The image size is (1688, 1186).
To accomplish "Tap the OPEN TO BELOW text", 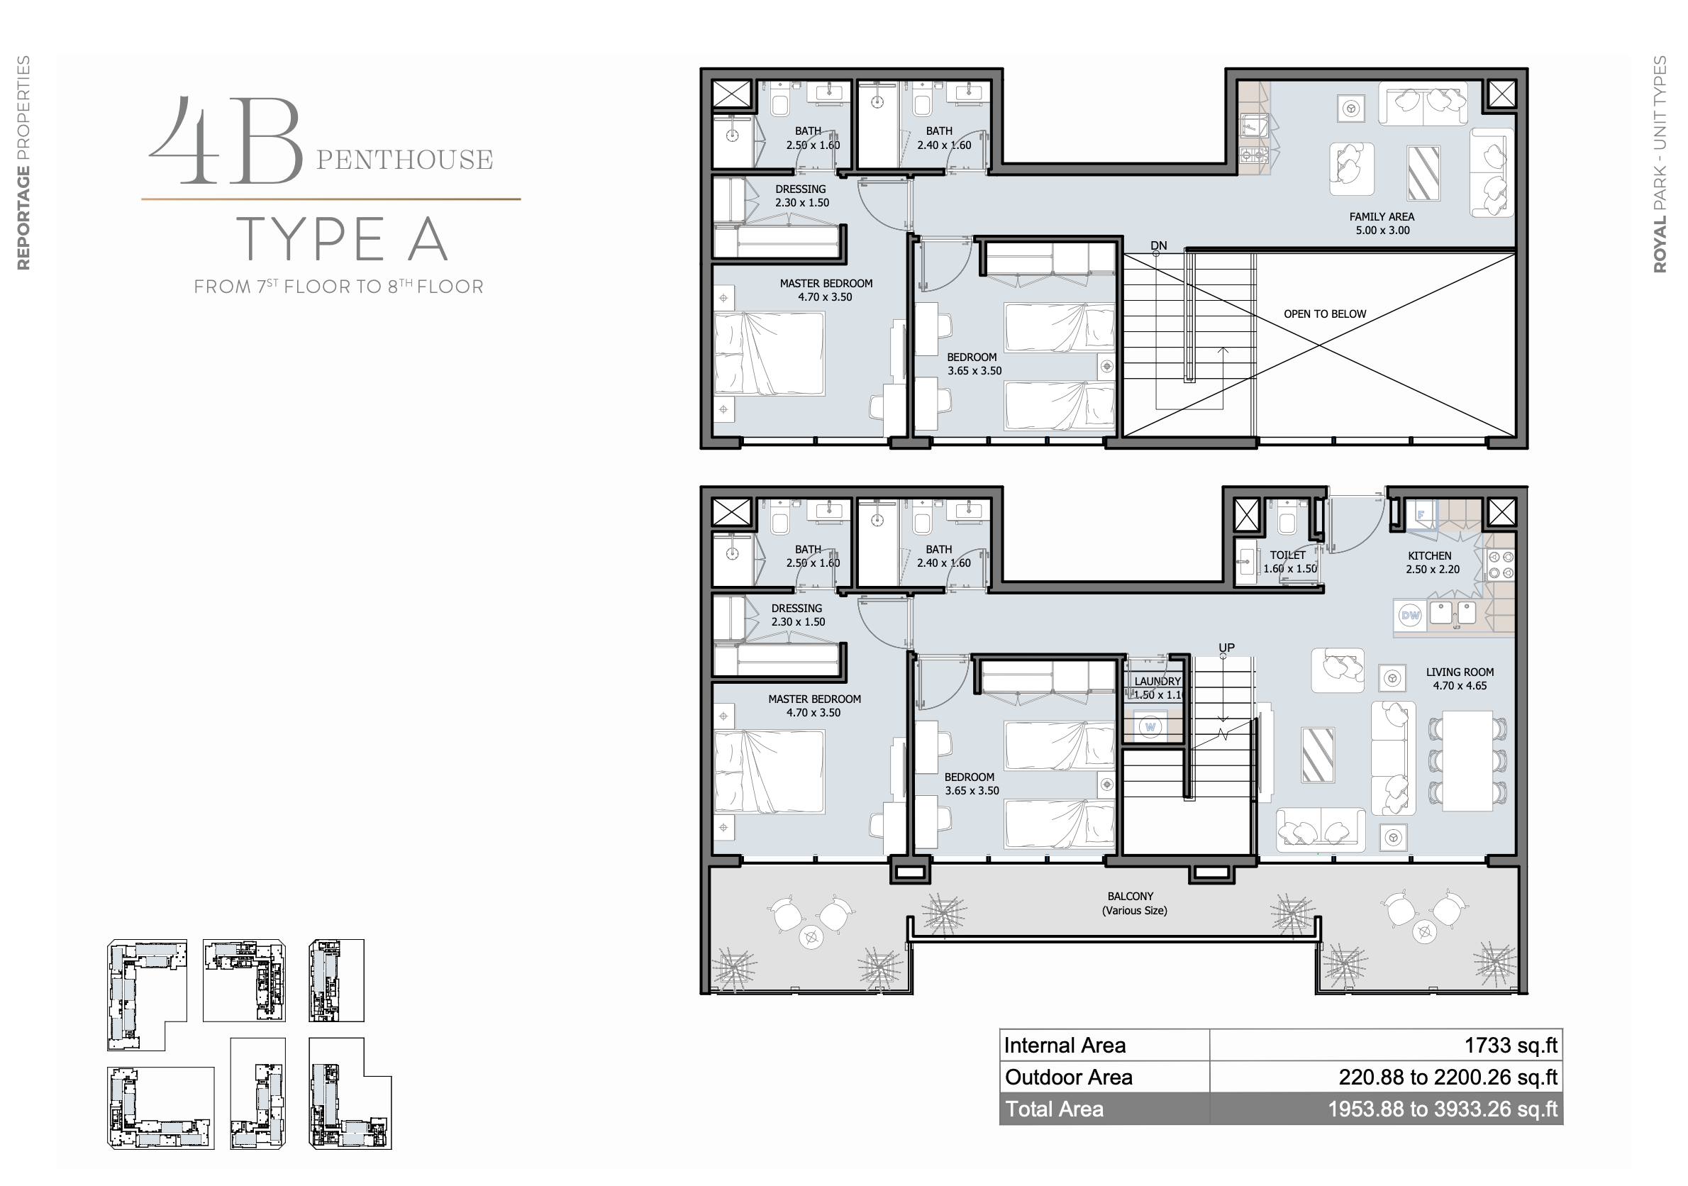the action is coord(1325,314).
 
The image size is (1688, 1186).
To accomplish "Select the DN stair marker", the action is coord(1159,245).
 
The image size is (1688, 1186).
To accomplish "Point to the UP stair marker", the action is coord(1226,648).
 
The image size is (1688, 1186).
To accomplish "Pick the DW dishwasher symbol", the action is coord(1410,616).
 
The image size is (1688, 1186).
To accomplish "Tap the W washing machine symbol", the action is coord(1150,727).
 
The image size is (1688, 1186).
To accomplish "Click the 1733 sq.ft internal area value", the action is coord(1511,1045).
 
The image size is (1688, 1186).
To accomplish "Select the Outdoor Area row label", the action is coord(1068,1077).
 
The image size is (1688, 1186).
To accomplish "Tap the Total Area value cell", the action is coord(1386,1109).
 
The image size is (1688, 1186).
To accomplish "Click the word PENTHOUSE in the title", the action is coord(404,160).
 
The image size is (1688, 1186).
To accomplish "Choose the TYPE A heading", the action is coord(342,239).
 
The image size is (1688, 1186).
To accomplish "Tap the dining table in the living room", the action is coord(1467,760).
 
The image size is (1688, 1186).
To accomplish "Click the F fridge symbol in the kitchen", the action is coord(1421,515).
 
